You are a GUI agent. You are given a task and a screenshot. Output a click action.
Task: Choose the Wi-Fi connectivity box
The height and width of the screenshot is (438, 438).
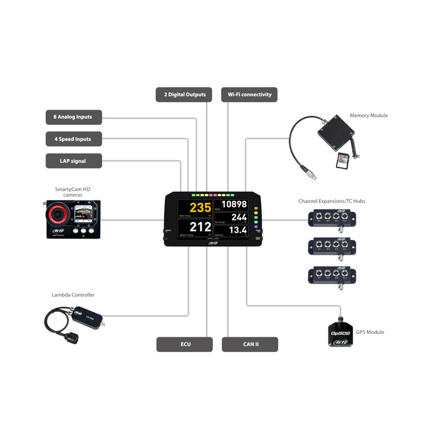(x=249, y=95)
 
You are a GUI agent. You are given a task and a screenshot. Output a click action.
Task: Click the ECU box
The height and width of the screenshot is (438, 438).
(x=185, y=344)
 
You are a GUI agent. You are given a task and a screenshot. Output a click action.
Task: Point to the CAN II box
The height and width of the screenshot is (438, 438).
(x=250, y=344)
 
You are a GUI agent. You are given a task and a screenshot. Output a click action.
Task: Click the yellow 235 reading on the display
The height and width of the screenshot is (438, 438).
(x=200, y=209)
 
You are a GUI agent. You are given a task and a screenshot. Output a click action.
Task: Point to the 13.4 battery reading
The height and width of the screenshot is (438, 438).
(x=238, y=230)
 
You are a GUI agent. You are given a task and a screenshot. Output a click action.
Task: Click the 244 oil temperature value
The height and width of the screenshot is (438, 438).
(x=239, y=218)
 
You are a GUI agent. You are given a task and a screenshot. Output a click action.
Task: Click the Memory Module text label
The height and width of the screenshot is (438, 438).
(x=368, y=116)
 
